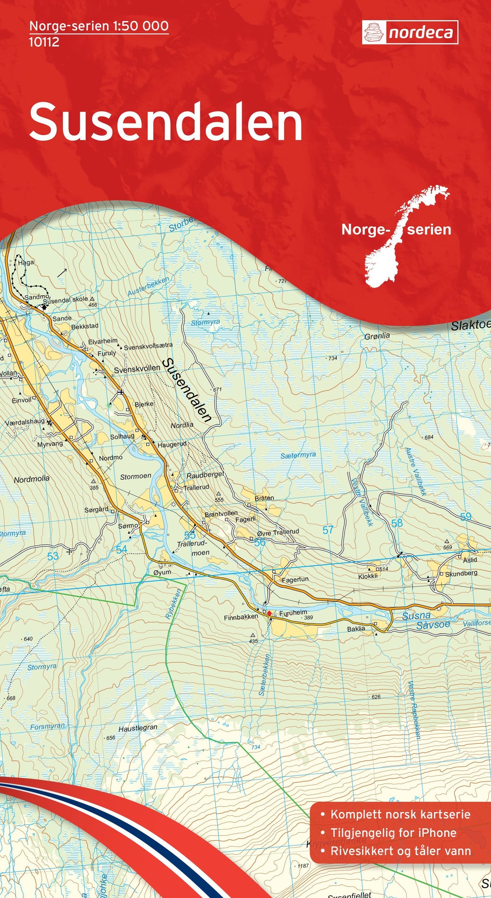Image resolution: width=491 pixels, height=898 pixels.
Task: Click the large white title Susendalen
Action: [166, 121]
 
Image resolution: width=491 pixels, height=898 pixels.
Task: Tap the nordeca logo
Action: [410, 32]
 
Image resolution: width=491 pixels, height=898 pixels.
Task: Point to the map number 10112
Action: [44, 42]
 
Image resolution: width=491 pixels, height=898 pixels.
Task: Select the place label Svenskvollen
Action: [137, 368]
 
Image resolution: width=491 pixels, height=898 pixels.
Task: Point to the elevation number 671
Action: [217, 389]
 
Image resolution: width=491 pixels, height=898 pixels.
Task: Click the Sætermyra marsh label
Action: [298, 455]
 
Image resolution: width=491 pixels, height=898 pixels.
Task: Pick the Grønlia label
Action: [377, 336]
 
